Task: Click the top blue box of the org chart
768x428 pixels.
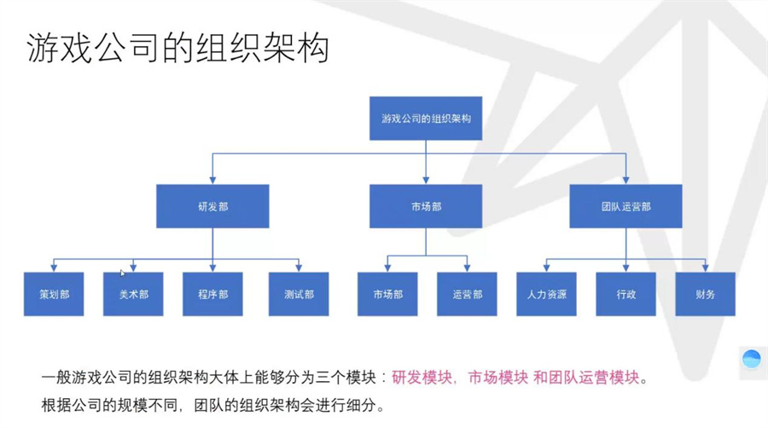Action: point(426,117)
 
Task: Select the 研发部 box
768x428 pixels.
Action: point(212,207)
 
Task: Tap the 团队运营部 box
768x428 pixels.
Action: point(625,207)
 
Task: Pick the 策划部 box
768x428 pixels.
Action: point(54,295)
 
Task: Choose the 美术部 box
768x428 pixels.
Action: point(133,295)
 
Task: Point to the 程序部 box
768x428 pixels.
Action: point(212,295)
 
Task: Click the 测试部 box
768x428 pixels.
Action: point(299,295)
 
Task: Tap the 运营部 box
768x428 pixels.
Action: point(467,295)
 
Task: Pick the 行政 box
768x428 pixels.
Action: point(625,295)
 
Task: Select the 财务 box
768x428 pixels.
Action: point(705,295)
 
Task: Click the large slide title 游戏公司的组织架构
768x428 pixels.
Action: point(177,49)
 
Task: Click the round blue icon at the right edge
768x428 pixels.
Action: point(752,360)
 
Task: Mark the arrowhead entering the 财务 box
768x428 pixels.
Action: point(706,269)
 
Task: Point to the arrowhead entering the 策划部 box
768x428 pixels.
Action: point(54,269)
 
